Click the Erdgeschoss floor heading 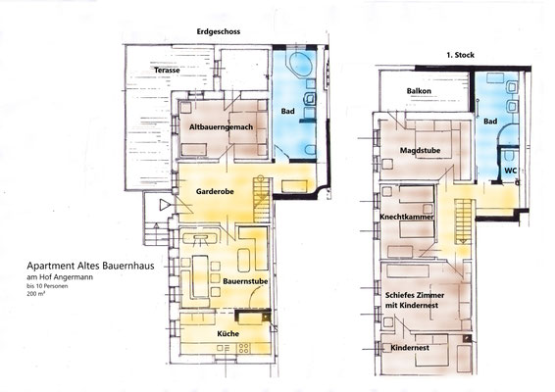click(x=219, y=31)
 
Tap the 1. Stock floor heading click(x=460, y=55)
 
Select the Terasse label click(x=167, y=70)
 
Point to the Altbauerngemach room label click(x=221, y=126)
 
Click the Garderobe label click(x=215, y=191)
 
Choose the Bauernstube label click(x=245, y=281)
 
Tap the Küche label click(x=227, y=333)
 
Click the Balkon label click(x=419, y=91)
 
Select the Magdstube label click(x=420, y=150)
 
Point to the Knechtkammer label click(x=407, y=217)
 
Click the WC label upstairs click(x=511, y=171)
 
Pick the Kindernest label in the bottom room click(x=410, y=348)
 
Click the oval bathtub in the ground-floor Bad click(x=301, y=64)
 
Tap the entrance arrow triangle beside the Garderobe click(x=165, y=205)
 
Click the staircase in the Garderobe click(x=262, y=200)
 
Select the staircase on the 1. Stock click(x=463, y=221)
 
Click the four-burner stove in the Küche click(x=243, y=348)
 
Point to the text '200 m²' click(x=35, y=293)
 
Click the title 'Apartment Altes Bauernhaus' click(x=90, y=266)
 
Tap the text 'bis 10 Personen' click(x=47, y=286)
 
